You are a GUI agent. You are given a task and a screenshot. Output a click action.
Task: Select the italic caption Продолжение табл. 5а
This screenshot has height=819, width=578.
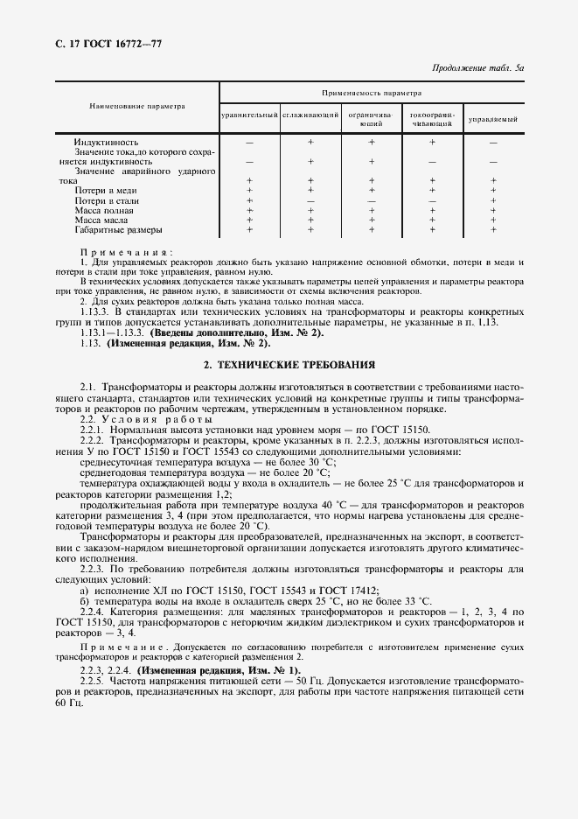[x=477, y=67]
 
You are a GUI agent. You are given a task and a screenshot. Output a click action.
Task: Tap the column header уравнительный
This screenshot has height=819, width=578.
[x=249, y=116]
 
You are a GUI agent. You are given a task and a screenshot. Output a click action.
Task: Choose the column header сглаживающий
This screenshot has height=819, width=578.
[x=310, y=116]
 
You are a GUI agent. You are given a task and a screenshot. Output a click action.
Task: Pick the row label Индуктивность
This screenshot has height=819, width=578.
[x=107, y=142]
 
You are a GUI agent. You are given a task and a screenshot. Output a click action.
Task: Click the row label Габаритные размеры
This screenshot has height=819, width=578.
[x=119, y=230]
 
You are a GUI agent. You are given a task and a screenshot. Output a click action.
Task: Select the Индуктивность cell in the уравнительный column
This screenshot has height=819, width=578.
[x=249, y=142]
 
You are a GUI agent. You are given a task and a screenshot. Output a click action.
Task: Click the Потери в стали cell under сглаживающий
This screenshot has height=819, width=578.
[x=310, y=200]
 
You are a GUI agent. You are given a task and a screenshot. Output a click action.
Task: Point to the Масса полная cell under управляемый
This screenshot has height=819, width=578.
[x=493, y=210]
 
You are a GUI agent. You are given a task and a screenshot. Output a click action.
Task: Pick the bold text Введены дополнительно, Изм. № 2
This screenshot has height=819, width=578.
[x=226, y=333]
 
